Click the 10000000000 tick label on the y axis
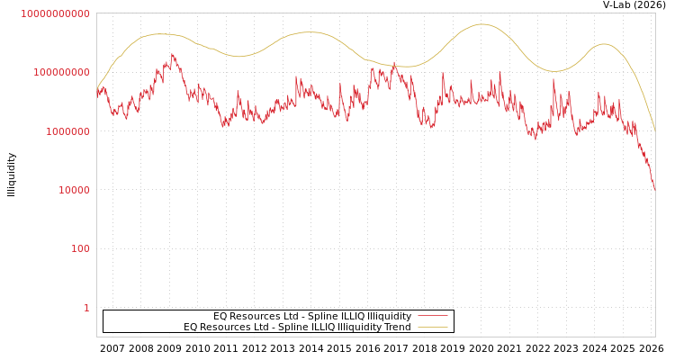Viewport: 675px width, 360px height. tap(55, 13)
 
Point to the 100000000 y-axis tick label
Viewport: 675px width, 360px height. tap(60, 72)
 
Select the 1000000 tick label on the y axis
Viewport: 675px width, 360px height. tap(66, 131)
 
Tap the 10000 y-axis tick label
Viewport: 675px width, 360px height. tap(71, 190)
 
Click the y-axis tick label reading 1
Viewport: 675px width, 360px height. tap(86, 308)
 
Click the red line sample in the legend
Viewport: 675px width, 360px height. tap(432, 316)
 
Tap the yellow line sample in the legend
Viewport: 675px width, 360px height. tap(432, 327)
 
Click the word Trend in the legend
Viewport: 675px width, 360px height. tap(397, 327)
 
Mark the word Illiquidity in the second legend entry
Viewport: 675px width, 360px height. tap(358, 327)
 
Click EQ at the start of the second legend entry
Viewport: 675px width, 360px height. tap(190, 327)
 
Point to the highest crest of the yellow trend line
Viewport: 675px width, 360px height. tap(481, 24)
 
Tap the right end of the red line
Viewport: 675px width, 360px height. tap(654, 189)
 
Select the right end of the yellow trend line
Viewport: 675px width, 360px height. tap(654, 131)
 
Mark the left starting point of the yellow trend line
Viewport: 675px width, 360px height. tap(97, 88)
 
